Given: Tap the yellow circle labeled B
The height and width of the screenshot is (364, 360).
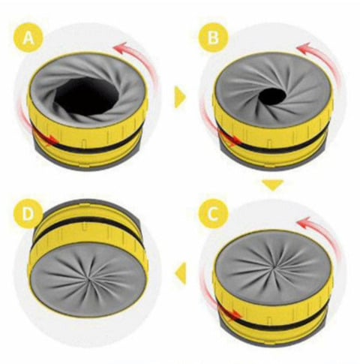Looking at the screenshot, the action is point(213,38).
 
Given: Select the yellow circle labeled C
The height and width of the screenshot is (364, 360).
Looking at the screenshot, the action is point(213,214).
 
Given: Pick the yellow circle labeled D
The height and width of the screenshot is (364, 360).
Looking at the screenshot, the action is point(28,214).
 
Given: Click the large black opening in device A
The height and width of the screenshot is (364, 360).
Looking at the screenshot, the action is point(86,96).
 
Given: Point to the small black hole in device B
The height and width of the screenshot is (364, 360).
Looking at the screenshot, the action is point(272,96).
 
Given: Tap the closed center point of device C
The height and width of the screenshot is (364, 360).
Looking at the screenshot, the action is point(274,267).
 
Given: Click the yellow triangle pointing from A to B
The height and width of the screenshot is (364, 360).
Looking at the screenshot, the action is point(180,97).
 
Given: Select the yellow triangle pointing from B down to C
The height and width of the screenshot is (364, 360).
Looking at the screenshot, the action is point(273,185).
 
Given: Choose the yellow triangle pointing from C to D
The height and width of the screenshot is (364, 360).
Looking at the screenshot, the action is point(181,273).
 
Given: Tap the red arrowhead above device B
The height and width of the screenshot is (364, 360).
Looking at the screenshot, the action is point(304,49).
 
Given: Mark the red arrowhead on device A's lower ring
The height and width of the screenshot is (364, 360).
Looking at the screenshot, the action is point(52,140).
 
